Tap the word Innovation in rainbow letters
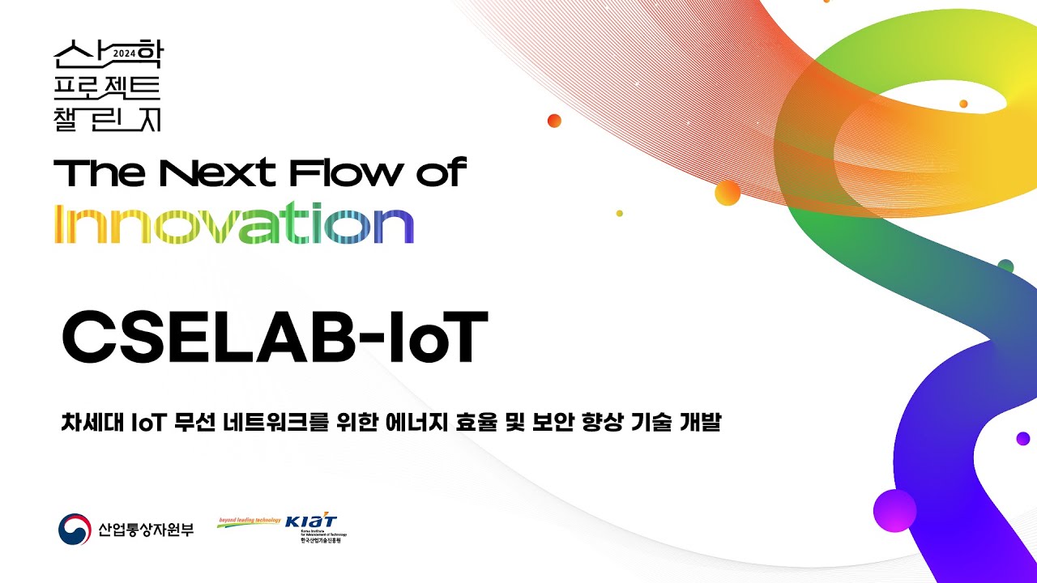[x=233, y=225]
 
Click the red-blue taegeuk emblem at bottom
[x=75, y=530]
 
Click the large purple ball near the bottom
[x=894, y=510]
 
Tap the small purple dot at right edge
[x=1022, y=439]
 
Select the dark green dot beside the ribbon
[x=1005, y=266]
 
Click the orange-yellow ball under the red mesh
[x=728, y=193]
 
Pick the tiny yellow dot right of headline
[x=619, y=213]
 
